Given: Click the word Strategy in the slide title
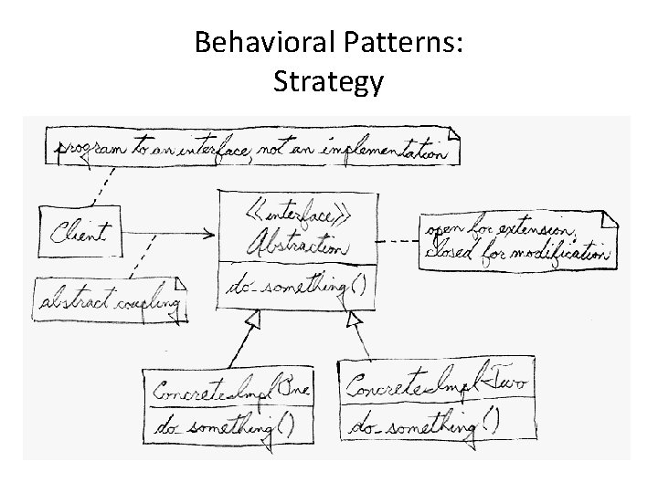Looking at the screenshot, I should point(328,82).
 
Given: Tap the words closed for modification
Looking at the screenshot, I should point(515,251).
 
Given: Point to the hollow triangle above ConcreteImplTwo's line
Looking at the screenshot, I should point(356,320).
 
